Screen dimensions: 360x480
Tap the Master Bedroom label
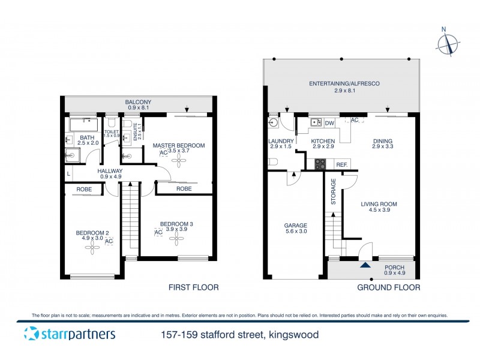(x=178, y=145)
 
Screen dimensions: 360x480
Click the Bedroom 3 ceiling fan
(x=176, y=239)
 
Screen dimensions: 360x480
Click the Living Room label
(x=379, y=205)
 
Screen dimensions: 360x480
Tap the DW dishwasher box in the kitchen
(x=329, y=124)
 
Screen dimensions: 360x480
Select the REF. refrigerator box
(x=341, y=164)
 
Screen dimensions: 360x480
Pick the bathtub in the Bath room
(x=84, y=125)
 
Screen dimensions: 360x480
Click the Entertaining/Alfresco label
(x=344, y=83)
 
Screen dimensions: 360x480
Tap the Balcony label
(x=138, y=103)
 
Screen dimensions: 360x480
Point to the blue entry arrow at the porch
(x=364, y=264)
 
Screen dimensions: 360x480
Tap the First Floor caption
(x=193, y=287)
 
